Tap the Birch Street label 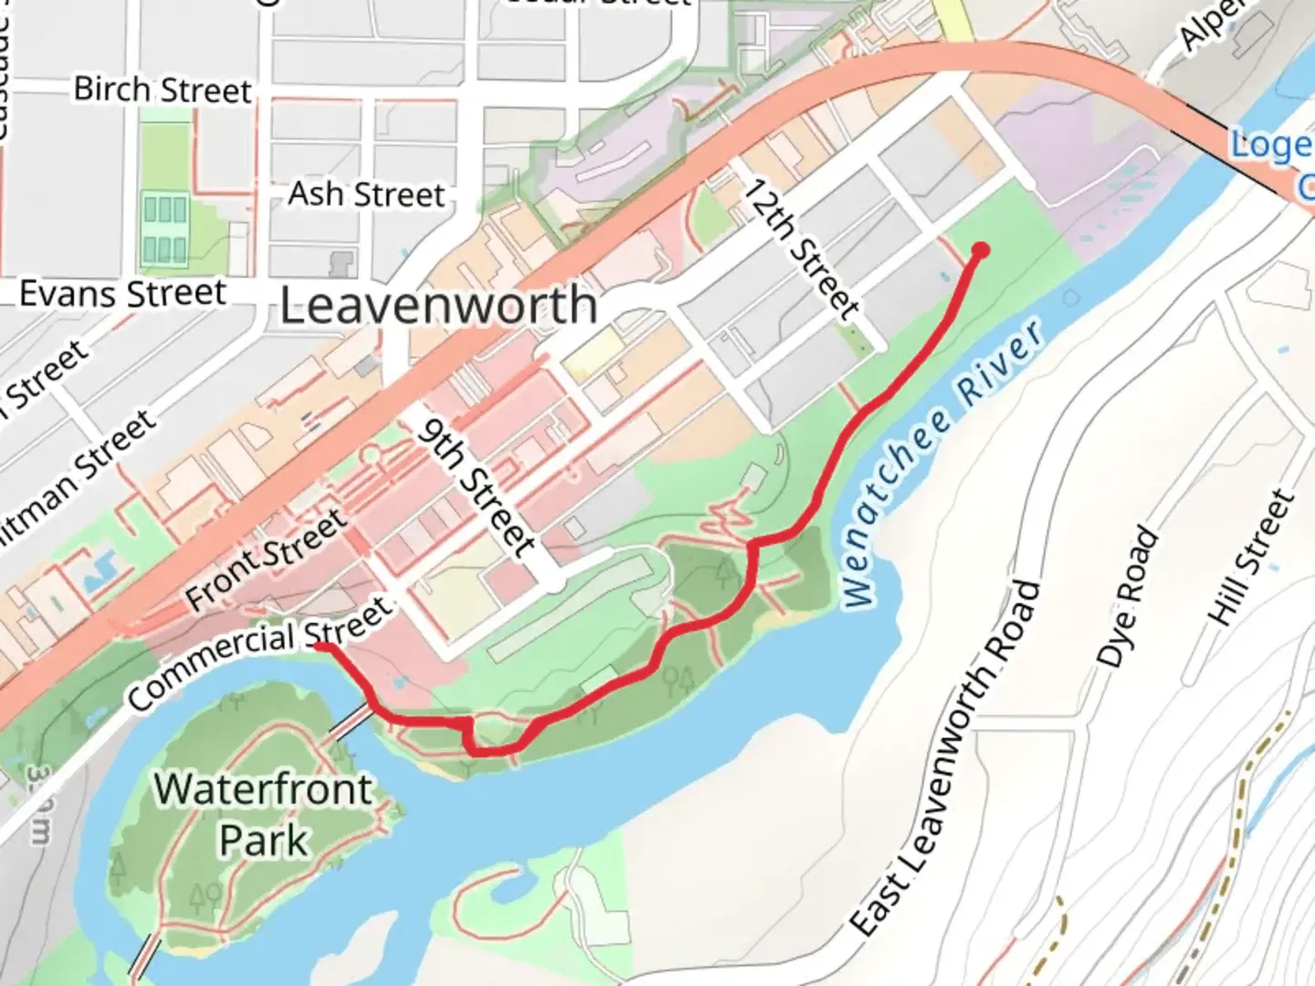(x=162, y=89)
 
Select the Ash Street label (x=366, y=194)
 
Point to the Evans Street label (x=122, y=294)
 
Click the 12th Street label (x=801, y=248)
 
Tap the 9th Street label (x=476, y=488)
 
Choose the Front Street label (x=266, y=561)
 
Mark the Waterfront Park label (x=264, y=813)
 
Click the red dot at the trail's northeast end (x=981, y=250)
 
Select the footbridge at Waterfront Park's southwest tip (x=143, y=957)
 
